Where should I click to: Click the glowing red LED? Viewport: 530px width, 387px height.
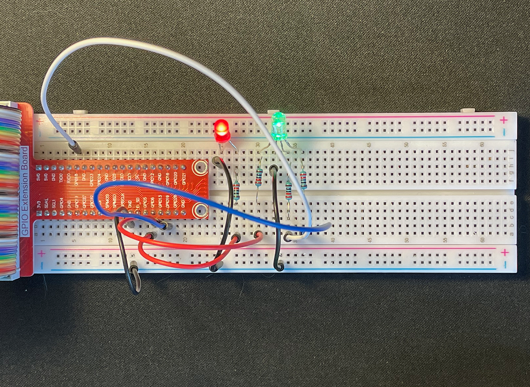[x=221, y=129]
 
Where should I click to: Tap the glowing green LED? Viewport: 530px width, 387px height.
[x=279, y=126]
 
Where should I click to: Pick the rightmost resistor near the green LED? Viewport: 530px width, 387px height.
[x=303, y=179]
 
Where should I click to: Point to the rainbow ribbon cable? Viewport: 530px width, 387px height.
[x=10, y=190]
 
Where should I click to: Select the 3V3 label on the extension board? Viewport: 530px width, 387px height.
[x=39, y=205]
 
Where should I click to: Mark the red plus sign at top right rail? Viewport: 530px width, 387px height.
[x=503, y=119]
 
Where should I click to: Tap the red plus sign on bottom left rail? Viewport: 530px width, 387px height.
[x=41, y=254]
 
